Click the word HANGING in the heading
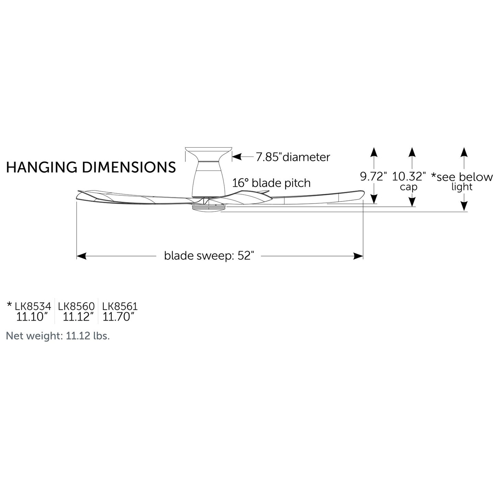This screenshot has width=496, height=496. (x=42, y=167)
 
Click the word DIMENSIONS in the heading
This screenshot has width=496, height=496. (x=129, y=167)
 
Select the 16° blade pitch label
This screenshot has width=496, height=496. (x=271, y=183)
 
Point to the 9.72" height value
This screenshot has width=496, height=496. (x=373, y=176)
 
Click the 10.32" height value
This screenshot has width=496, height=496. (x=409, y=176)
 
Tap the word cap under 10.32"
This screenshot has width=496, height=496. (x=408, y=187)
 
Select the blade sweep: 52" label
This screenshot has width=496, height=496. (x=209, y=256)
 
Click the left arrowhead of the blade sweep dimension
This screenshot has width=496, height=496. (x=81, y=256)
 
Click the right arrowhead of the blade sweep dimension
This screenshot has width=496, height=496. (x=358, y=256)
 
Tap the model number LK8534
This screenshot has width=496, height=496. (x=33, y=306)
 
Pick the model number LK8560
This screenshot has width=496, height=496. (x=77, y=306)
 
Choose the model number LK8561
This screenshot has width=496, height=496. (x=120, y=306)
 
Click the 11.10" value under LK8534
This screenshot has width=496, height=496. (x=32, y=317)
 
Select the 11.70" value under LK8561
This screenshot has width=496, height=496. (x=119, y=317)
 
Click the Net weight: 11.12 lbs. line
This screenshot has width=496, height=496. (x=58, y=336)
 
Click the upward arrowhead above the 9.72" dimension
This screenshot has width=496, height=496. (x=374, y=152)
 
